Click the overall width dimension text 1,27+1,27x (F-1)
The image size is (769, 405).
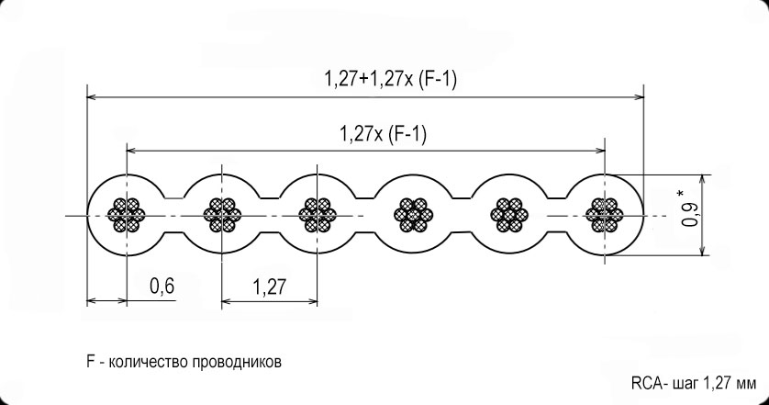coord(390,80)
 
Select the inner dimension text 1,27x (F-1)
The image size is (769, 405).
coord(383,133)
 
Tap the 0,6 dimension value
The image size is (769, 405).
coord(162,286)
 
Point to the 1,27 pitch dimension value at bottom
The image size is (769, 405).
coord(269,287)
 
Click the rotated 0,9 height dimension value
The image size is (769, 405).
coord(690,215)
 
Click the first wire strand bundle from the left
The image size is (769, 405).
coord(127,215)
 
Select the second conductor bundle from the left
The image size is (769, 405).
coord(222,215)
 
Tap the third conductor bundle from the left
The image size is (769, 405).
coord(318,215)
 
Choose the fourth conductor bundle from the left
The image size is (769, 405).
coord(414,215)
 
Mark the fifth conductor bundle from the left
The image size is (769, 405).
coord(509,215)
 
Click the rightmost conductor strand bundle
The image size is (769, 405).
coord(605,215)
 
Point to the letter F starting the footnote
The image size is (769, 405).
coord(90,362)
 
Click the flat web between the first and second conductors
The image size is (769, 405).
coord(174,215)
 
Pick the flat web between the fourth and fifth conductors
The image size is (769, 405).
coord(461,215)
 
